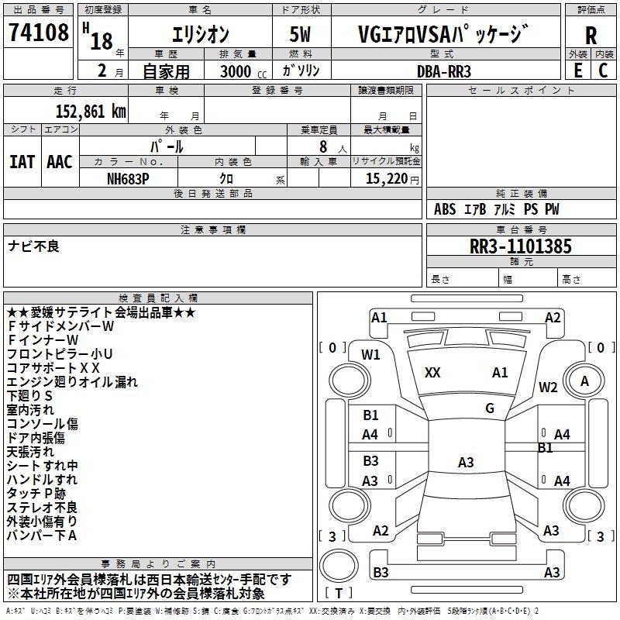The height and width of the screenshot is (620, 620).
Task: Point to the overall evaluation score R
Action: tap(591, 36)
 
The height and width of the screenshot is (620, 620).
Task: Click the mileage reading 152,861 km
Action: tap(91, 111)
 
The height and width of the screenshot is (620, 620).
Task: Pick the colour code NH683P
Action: tap(129, 178)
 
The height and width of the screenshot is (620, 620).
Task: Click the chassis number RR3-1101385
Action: tap(521, 246)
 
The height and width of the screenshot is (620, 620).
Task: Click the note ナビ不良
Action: tap(33, 246)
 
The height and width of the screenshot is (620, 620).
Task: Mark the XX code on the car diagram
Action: tap(432, 373)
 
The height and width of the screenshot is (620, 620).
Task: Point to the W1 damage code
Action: tap(370, 355)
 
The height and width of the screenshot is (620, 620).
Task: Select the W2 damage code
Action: tap(549, 387)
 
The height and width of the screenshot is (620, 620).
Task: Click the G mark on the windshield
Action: tap(490, 408)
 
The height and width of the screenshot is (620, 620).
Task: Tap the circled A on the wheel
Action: tap(584, 381)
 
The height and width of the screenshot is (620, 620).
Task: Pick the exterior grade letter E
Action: tap(577, 71)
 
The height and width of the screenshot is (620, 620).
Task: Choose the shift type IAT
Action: tap(22, 162)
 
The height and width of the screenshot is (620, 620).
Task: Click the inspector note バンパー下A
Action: tap(42, 536)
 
